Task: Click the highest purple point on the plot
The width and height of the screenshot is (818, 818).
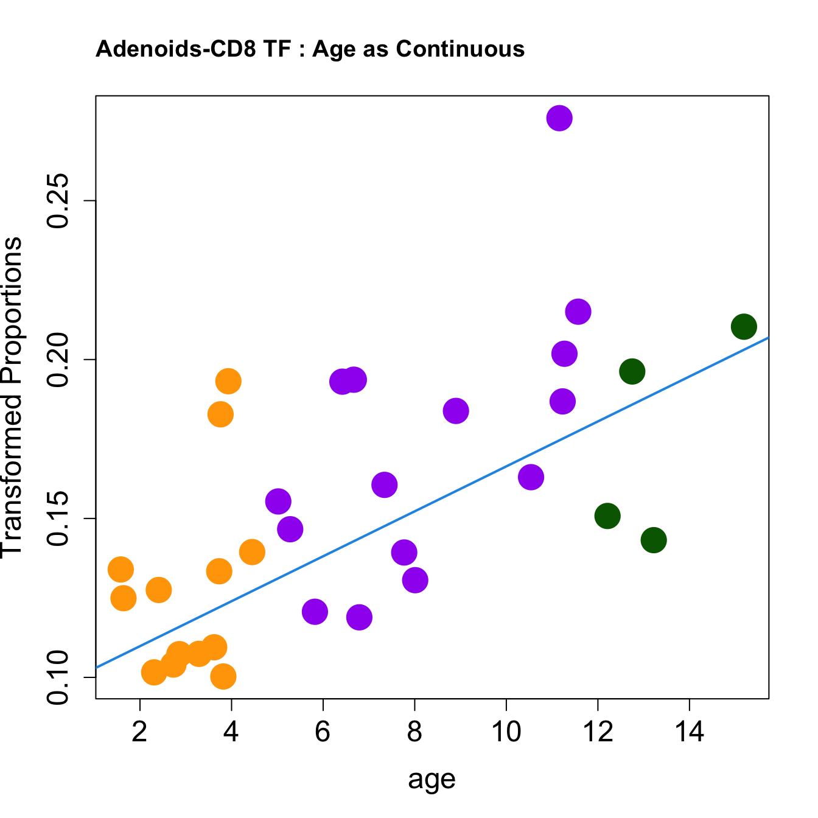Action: tap(559, 118)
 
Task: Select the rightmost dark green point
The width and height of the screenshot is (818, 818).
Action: tap(743, 327)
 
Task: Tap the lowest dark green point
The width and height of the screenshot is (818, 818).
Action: tap(653, 540)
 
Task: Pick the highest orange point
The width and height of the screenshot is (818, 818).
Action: tap(228, 382)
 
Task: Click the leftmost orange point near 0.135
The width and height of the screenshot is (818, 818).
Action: tap(121, 570)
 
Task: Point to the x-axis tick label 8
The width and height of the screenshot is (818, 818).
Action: tap(414, 732)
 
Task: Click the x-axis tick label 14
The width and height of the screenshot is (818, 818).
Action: tap(689, 732)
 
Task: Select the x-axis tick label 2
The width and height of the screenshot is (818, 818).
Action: tap(140, 732)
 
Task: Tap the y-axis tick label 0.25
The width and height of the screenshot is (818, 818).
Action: tap(60, 201)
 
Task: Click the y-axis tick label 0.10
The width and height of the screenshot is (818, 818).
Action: tap(60, 677)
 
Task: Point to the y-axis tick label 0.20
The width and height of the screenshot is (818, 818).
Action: tap(60, 360)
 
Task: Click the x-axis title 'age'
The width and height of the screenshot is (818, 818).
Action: tap(432, 778)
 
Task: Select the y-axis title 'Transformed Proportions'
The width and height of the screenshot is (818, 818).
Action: tap(12, 397)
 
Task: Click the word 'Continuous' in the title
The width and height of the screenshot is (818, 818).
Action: tap(460, 49)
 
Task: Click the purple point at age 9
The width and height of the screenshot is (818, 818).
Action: tap(455, 411)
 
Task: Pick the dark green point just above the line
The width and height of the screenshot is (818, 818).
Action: tap(632, 371)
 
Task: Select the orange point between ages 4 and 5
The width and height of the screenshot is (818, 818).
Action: tap(252, 552)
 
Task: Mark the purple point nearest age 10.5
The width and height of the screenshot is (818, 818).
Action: tap(531, 477)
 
